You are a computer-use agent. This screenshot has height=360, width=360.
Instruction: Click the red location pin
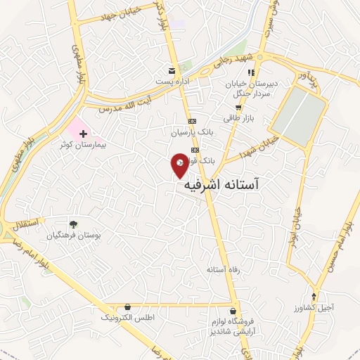180,164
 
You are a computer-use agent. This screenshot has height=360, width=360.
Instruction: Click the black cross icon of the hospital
83,134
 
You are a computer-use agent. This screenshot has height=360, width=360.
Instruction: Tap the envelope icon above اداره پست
172,70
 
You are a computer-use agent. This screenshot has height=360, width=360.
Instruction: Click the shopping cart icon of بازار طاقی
238,108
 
